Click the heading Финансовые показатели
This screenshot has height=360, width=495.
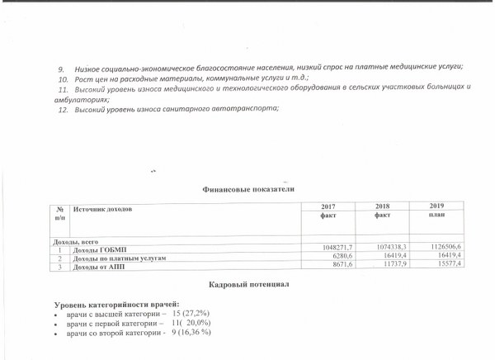tap(248, 188)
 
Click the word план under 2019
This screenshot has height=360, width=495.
tap(436, 214)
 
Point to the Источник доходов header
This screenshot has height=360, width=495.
tap(103, 209)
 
